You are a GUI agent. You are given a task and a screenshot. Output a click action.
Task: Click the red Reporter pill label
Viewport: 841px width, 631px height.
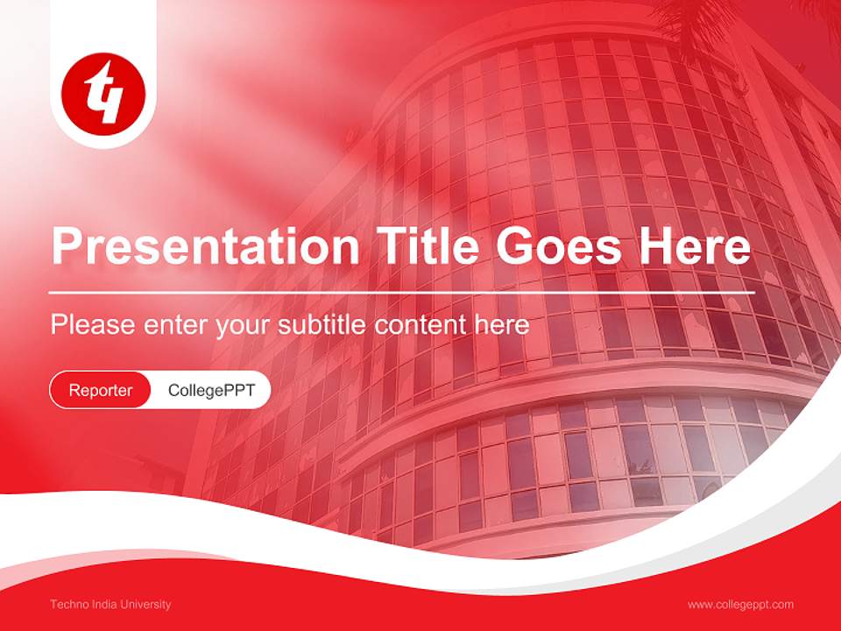(101, 390)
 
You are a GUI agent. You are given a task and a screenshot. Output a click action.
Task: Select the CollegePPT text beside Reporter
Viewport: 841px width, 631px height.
(211, 390)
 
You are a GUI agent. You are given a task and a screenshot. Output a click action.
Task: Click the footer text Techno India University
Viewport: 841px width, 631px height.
(110, 605)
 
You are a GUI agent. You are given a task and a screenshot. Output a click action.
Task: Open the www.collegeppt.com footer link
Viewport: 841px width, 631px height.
(740, 605)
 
